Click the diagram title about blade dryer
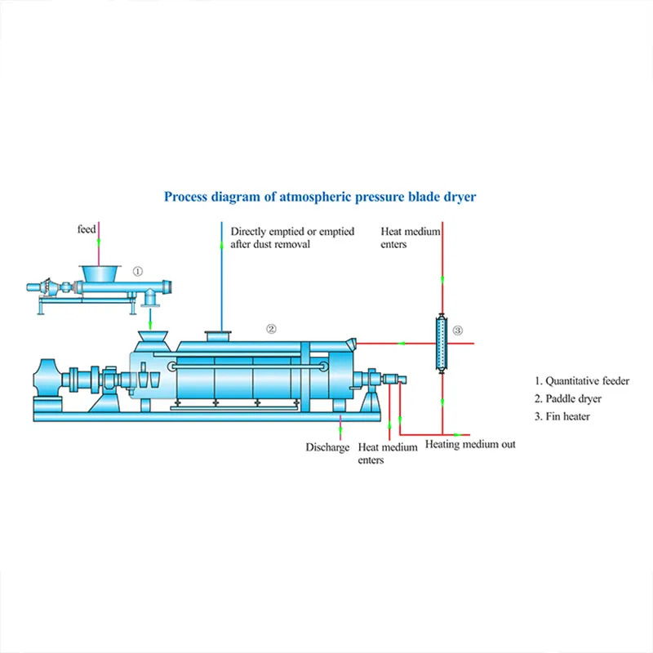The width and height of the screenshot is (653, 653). [320, 197]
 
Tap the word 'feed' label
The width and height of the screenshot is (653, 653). [87, 229]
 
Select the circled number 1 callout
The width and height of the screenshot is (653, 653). [138, 271]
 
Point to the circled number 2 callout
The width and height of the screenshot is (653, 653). [272, 329]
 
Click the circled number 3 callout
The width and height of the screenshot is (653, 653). [457, 331]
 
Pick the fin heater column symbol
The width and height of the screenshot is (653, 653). [442, 343]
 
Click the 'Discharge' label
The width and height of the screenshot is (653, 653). [327, 447]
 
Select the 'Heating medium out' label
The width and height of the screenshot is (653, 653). [470, 445]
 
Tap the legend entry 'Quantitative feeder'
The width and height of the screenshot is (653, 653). [582, 380]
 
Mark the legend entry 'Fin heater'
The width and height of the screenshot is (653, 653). [562, 416]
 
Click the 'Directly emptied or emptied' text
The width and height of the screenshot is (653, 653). [292, 232]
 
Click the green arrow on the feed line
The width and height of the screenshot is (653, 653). [98, 242]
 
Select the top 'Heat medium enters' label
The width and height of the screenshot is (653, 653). [411, 238]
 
